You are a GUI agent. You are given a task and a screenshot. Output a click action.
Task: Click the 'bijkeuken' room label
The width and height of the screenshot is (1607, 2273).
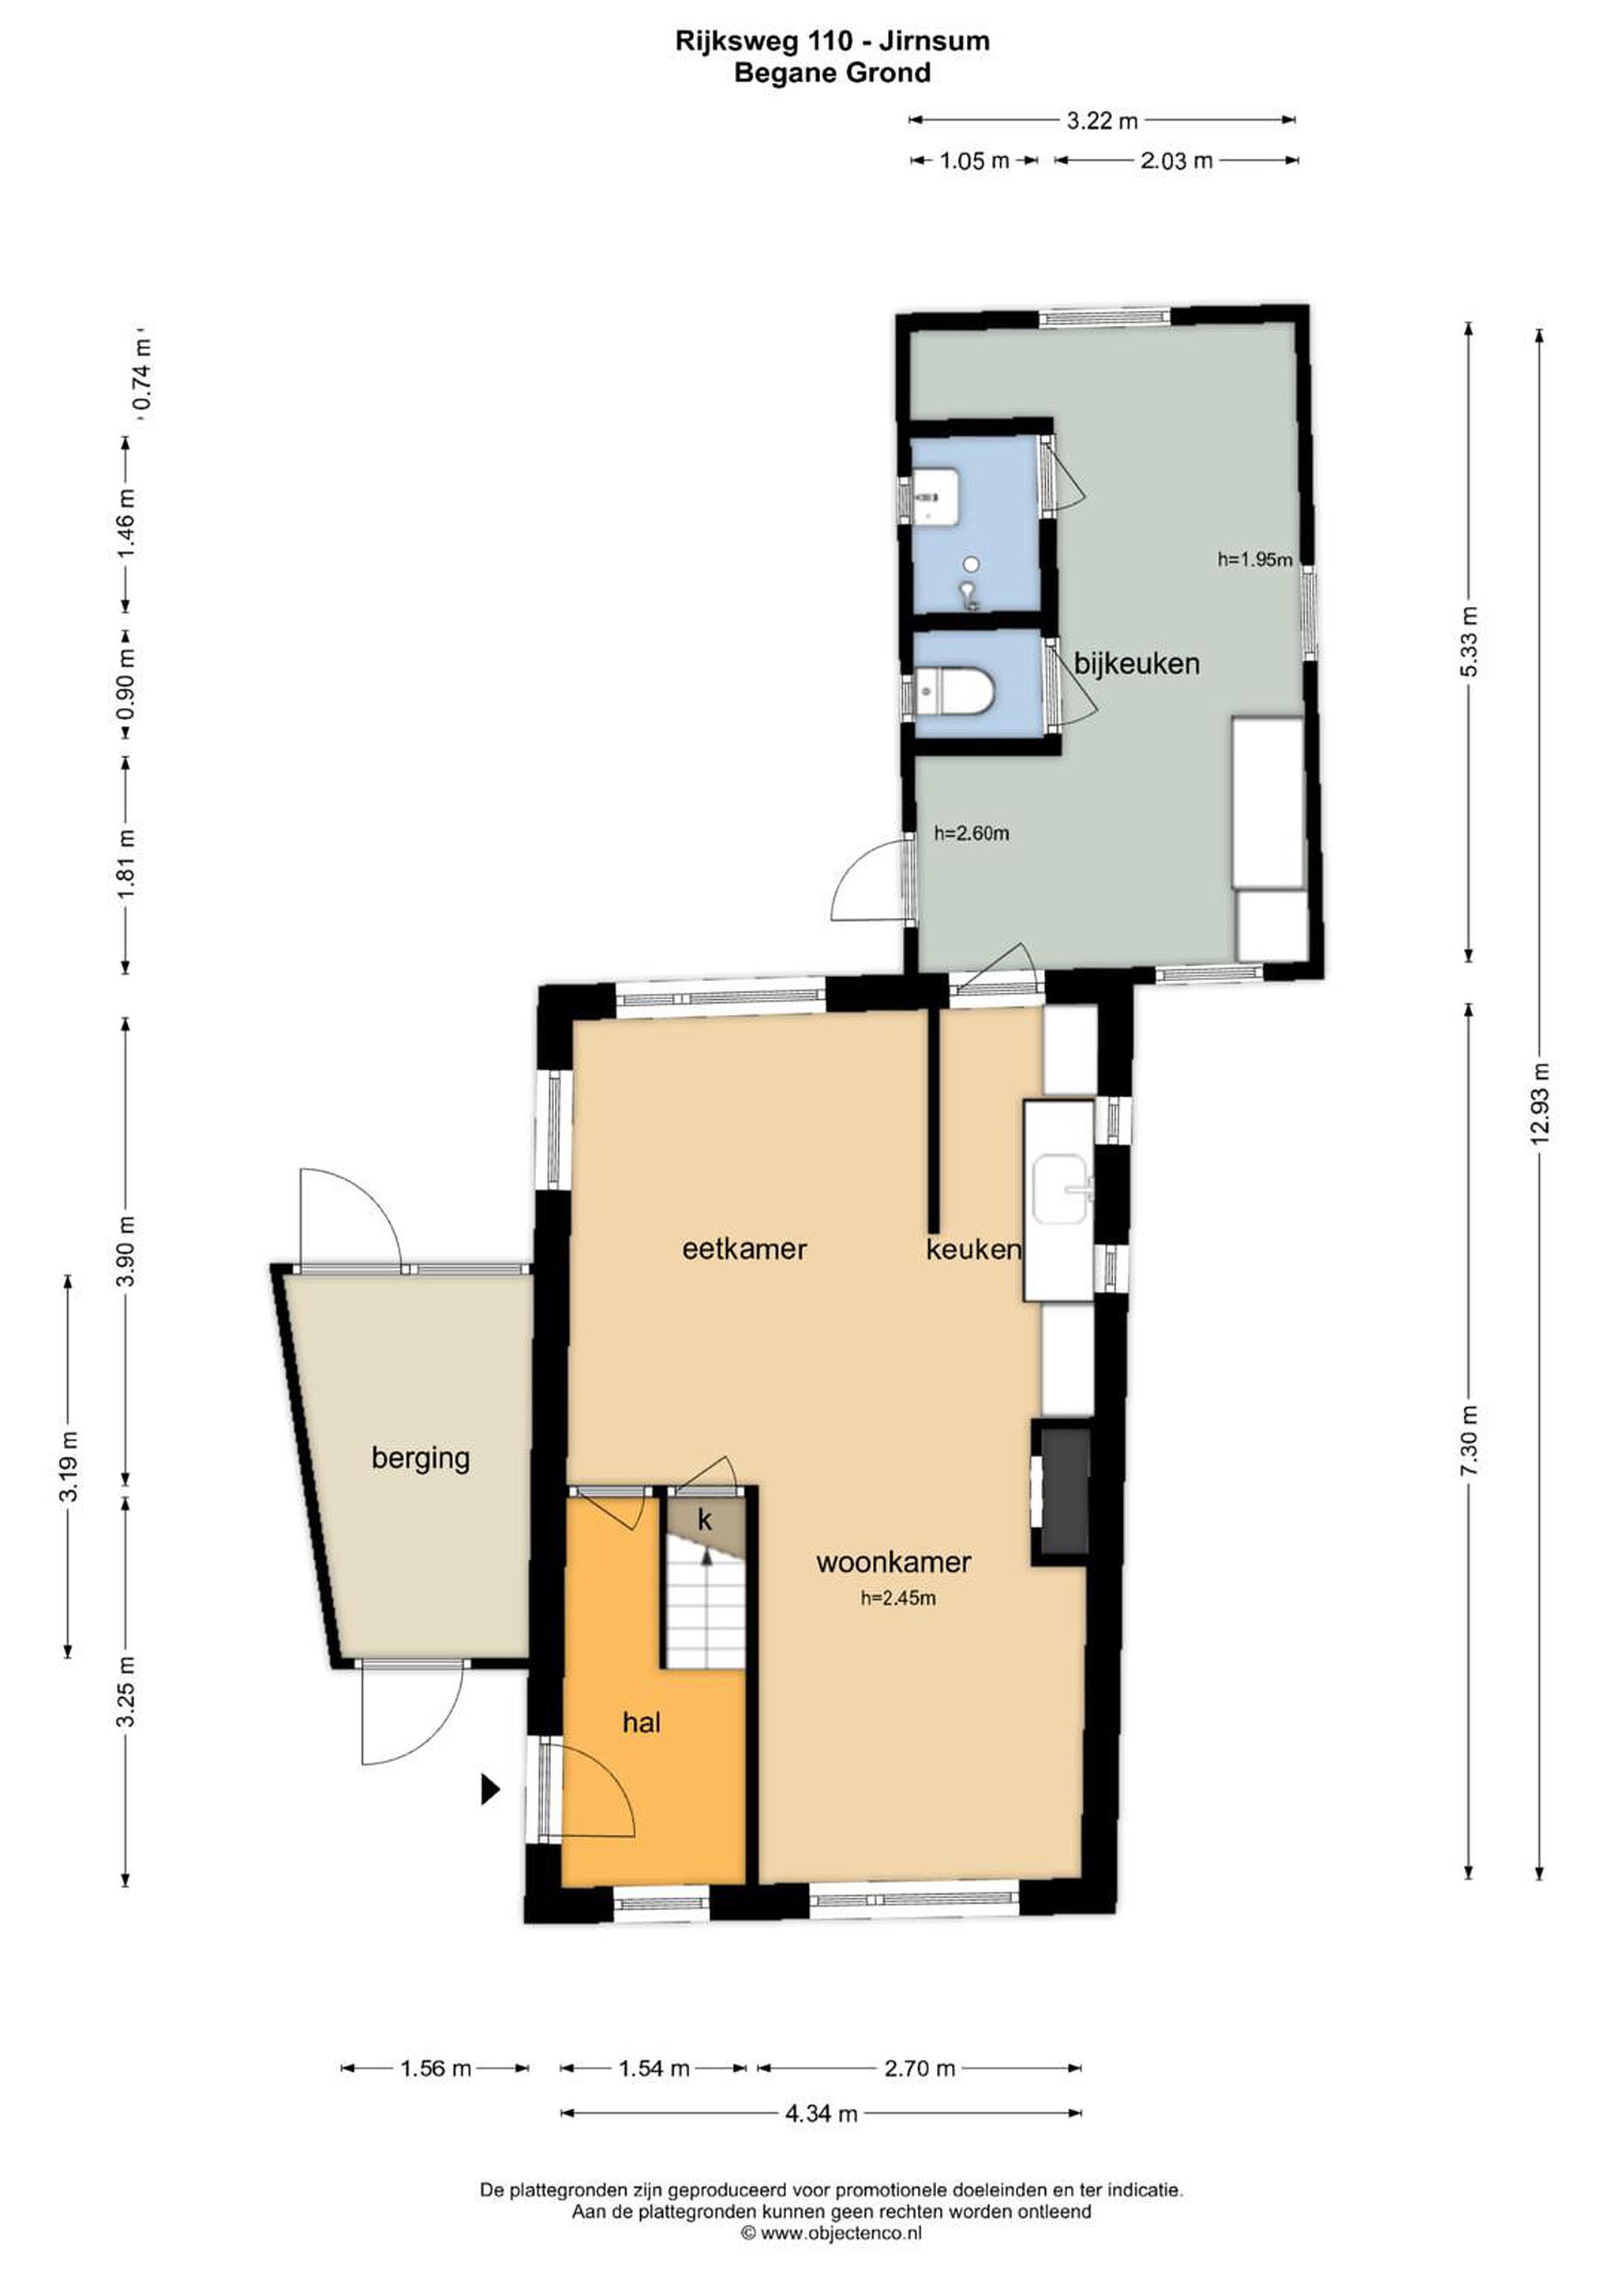click(x=1137, y=665)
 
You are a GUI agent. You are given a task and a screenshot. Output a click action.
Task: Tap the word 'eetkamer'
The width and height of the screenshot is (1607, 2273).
click(x=744, y=1249)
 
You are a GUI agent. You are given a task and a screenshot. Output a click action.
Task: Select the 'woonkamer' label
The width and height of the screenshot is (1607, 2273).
click(x=893, y=1562)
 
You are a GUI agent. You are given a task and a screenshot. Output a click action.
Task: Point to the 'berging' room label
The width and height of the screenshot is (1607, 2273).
click(x=421, y=1459)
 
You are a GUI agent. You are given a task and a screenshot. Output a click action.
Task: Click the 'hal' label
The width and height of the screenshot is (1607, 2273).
click(x=642, y=1723)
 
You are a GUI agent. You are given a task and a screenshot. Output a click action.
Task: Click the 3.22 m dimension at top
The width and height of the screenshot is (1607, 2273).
click(x=1102, y=121)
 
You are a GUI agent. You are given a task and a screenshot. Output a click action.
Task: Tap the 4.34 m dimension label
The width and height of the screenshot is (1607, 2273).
click(x=821, y=2114)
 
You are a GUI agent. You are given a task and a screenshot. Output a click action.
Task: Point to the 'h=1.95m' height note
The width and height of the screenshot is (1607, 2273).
click(x=1254, y=560)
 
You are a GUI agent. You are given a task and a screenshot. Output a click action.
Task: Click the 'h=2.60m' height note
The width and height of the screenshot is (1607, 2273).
click(x=972, y=833)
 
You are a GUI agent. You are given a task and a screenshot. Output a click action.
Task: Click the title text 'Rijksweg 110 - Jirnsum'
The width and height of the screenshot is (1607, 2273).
click(x=833, y=40)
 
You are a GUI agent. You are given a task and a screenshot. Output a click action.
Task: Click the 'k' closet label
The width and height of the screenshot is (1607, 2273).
click(x=705, y=1519)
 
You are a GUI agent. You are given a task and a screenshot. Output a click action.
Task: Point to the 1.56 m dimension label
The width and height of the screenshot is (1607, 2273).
click(x=436, y=2068)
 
